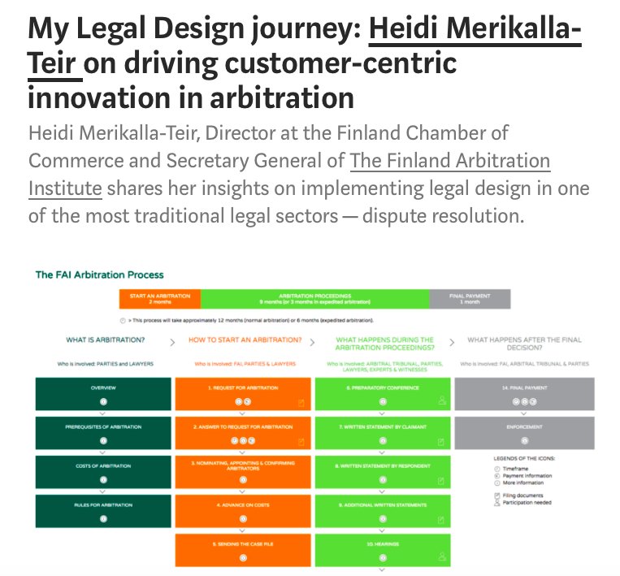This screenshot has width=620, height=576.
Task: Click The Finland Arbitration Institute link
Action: [449, 161]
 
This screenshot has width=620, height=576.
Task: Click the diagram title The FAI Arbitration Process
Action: [99, 275]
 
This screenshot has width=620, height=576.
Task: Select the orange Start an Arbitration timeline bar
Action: [159, 298]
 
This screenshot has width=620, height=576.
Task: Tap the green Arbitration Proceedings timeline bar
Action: [314, 298]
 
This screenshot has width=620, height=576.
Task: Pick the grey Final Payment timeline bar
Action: [470, 298]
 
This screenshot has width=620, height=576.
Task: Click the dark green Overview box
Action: [103, 394]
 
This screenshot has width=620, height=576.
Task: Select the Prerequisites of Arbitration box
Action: [103, 431]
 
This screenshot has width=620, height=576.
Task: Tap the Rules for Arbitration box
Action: [103, 511]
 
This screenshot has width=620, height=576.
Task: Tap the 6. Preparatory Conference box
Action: [382, 394]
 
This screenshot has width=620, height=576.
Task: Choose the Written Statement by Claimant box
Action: [382, 431]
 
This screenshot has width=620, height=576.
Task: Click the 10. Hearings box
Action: [382, 549]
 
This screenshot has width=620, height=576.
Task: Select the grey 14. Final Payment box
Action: [523, 394]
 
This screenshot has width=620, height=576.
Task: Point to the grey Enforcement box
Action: [523, 431]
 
